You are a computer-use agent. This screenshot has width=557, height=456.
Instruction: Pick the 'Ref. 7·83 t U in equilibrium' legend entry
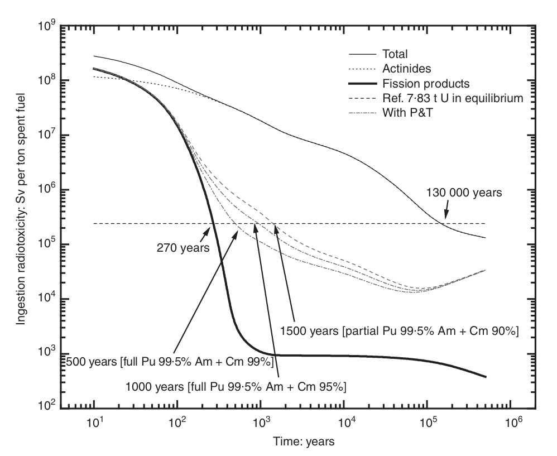click(452, 99)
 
